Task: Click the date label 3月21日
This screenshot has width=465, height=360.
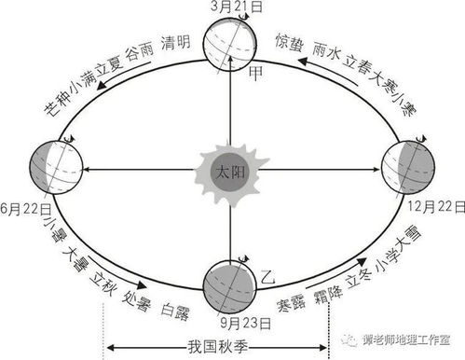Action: pos(232,7)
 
